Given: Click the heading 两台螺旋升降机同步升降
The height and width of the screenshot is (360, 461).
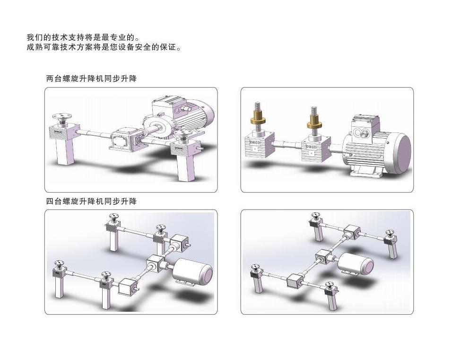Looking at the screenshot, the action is [91, 79].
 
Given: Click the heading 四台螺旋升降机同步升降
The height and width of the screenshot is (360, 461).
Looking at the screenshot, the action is [91, 201].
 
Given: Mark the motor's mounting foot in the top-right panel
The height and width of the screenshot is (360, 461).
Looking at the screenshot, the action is [366, 172].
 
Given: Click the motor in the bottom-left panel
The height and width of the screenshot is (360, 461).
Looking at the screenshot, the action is [192, 271].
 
